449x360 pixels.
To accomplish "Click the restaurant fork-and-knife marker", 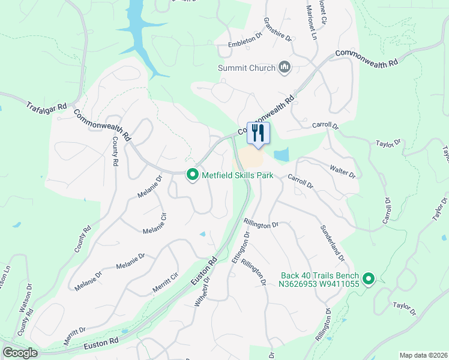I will point(259,134).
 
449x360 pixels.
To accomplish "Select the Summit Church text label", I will point(247,68).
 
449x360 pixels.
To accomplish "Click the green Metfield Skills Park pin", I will point(193,175).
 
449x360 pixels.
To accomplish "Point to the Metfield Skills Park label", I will point(237,175).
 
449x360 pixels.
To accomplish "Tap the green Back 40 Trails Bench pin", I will point(369,279).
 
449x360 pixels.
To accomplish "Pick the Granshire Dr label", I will point(277,29).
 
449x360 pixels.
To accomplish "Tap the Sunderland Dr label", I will point(332,243).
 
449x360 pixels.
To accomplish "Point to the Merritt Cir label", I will point(166,281).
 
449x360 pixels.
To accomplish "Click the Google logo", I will point(20,353).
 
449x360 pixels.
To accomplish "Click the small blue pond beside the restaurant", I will point(281,155).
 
